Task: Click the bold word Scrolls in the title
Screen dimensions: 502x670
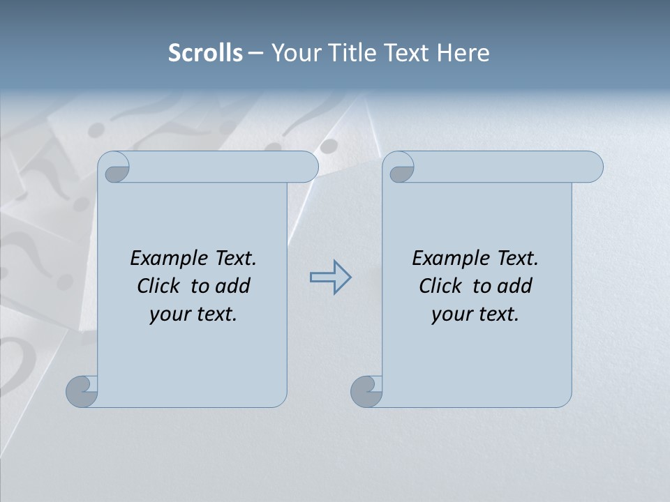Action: pos(205,53)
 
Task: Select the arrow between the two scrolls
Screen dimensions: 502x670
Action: pos(330,277)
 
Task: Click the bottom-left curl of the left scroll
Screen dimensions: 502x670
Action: pos(82,391)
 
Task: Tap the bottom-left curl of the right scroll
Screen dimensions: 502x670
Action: pos(366,391)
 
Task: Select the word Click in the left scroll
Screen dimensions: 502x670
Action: pos(159,286)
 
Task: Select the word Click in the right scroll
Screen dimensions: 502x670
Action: pos(440,286)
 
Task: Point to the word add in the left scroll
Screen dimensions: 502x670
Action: pos(234,286)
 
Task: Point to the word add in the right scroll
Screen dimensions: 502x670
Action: pos(516,286)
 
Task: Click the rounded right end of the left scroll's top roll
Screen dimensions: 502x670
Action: pos(308,167)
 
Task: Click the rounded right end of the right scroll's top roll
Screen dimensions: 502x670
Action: pos(593,167)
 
